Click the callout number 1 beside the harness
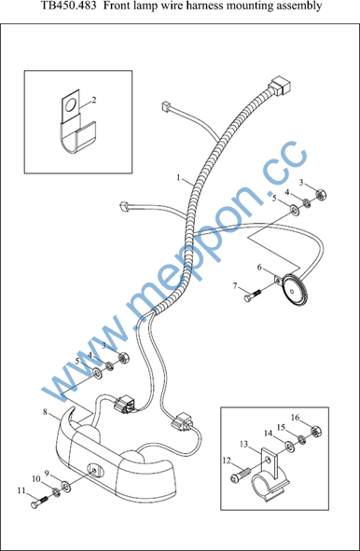[x=178, y=178]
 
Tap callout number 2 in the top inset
[x=94, y=100]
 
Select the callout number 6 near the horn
[x=259, y=268]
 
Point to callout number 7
[x=235, y=286]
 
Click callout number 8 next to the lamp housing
[x=45, y=411]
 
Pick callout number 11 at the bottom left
[x=21, y=490]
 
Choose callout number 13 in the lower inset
[x=243, y=444]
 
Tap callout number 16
[x=296, y=418]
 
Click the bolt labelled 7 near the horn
[x=253, y=296]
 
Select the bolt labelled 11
[x=38, y=502]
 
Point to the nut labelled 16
[x=316, y=431]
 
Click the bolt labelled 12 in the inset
[x=240, y=474]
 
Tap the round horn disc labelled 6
[x=296, y=290]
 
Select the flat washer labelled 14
[x=290, y=447]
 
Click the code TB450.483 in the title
[x=69, y=6]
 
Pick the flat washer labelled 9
[x=66, y=486]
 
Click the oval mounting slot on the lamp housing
[x=94, y=469]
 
